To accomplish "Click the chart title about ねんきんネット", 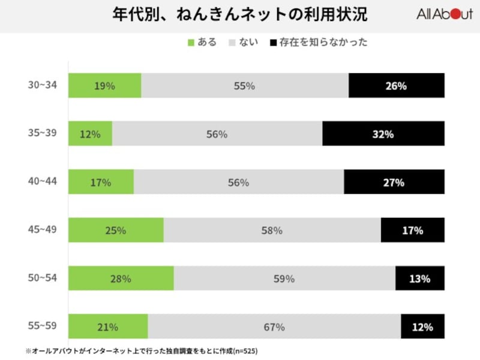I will (x=240, y=15).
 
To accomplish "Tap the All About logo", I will (x=444, y=15).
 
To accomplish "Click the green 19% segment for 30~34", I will (x=104, y=86).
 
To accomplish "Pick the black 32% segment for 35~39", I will (x=383, y=134).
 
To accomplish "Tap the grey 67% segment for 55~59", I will (x=274, y=327).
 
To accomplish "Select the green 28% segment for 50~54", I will (x=121, y=278).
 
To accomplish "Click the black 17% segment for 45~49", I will (x=412, y=230).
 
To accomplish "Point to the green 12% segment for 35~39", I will (x=90, y=134).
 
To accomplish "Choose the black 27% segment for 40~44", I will (x=394, y=182).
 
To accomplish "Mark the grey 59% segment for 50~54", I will (x=284, y=278).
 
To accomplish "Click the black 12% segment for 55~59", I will (x=422, y=327).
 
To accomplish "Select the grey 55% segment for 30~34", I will (x=245, y=86).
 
